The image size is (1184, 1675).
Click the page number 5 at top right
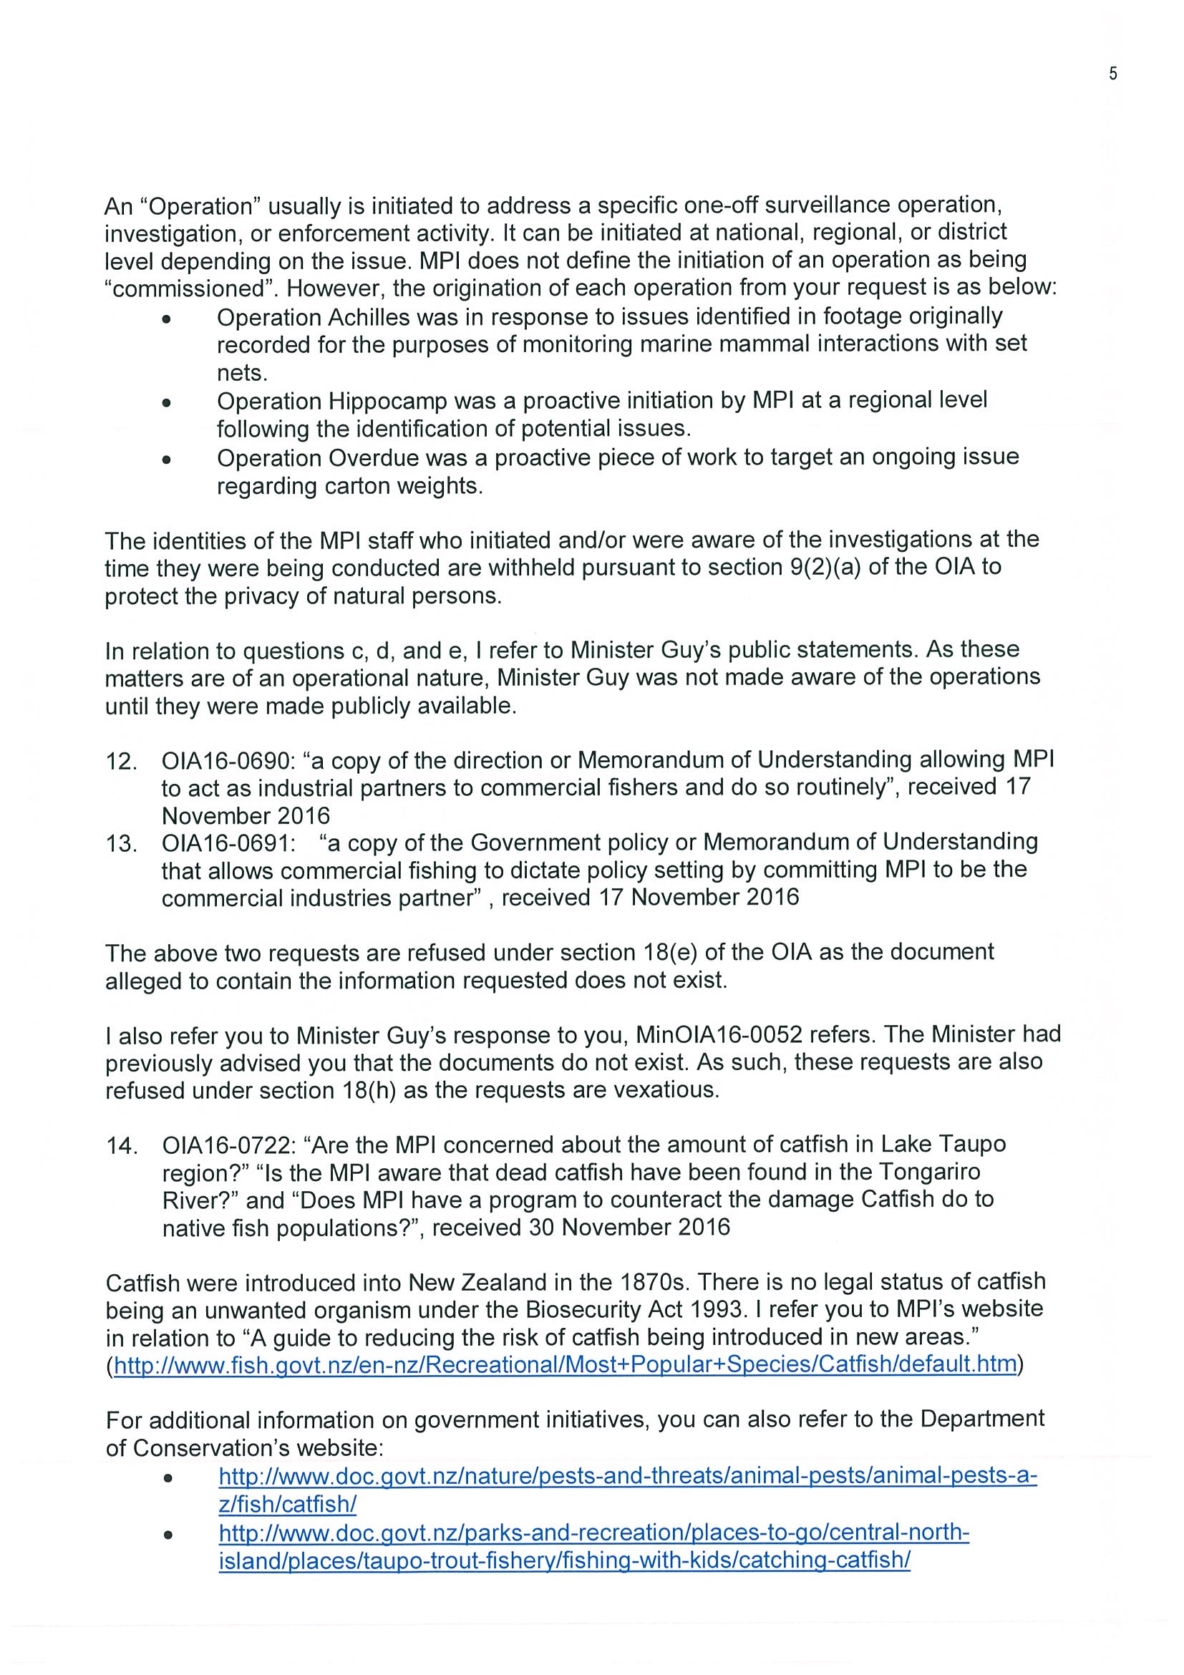[x=1112, y=74]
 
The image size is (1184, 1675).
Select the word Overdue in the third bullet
[x=374, y=458]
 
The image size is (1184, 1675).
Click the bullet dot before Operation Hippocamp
[x=167, y=402]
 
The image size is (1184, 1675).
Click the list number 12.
[x=121, y=762]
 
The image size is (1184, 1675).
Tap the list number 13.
[x=121, y=844]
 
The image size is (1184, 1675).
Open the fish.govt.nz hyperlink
[x=566, y=1366]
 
